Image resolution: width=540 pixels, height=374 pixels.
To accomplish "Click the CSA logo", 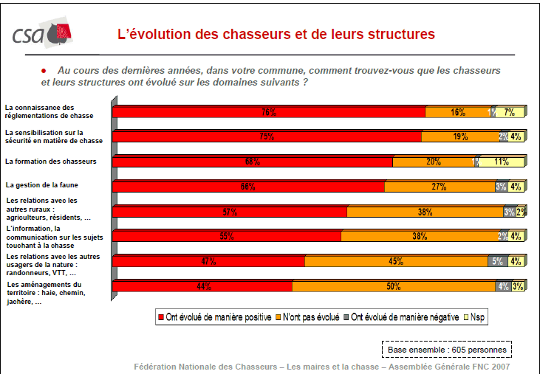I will coord(43,33).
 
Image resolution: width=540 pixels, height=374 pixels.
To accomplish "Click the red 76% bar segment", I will coord(269,113).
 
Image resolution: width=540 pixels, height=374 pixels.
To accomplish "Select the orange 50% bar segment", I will coord(393,287).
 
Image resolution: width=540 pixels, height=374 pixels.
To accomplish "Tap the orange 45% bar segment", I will coord(396,261).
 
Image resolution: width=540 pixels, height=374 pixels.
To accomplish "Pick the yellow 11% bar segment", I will coord(502,162).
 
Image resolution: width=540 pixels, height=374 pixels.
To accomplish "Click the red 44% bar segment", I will coord(203,287).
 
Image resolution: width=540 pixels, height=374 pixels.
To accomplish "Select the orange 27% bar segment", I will coord(439,187).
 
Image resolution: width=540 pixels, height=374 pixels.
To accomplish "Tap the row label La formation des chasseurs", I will coord(50,161).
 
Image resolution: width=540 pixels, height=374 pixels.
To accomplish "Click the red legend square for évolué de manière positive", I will coord(160,318).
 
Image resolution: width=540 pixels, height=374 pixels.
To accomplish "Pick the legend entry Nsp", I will coord(478,318).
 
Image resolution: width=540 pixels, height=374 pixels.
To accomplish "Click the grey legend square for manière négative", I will coord(346,318).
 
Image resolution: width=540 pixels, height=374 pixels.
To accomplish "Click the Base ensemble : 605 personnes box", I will coord(446,348).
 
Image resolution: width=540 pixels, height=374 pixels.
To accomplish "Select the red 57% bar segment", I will coord(230,212).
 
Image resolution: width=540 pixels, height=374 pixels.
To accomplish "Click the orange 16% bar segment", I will coord(457,113).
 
